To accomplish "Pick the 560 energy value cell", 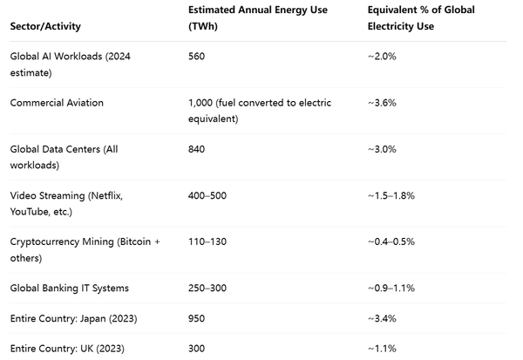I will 196,57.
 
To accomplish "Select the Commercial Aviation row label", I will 57,103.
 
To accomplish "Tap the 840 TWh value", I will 196,149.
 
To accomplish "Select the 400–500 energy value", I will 207,195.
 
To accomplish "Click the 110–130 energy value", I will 207,241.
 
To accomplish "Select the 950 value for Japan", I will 196,318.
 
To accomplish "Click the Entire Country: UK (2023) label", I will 65,349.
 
